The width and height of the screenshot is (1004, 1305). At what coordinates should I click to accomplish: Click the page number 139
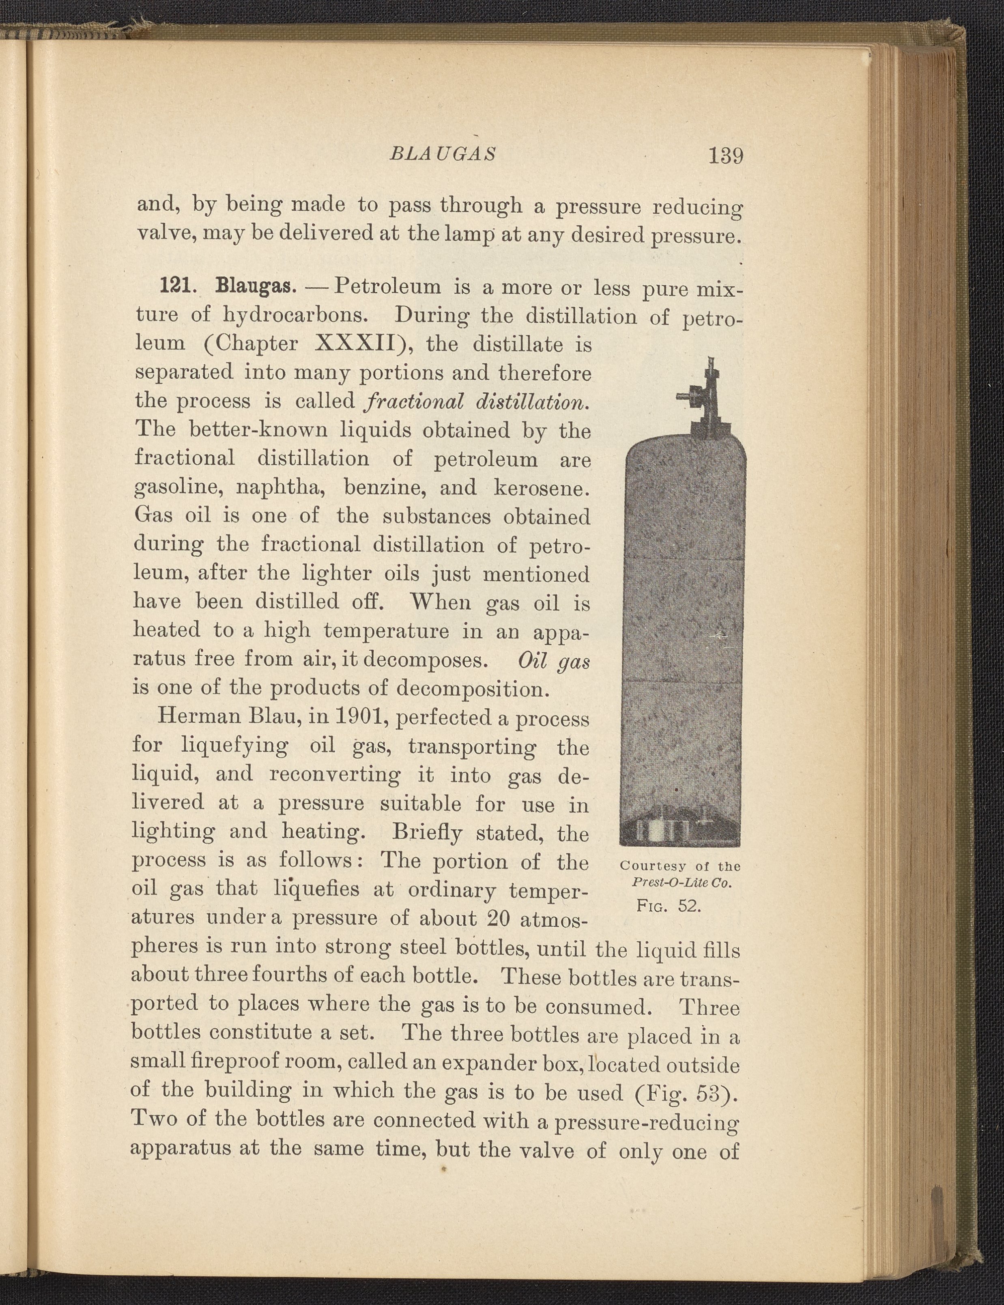pos(725,157)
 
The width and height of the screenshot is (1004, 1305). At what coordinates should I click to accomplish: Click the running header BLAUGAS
pos(443,154)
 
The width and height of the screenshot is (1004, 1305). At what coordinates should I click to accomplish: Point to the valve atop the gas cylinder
pos(703,397)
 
